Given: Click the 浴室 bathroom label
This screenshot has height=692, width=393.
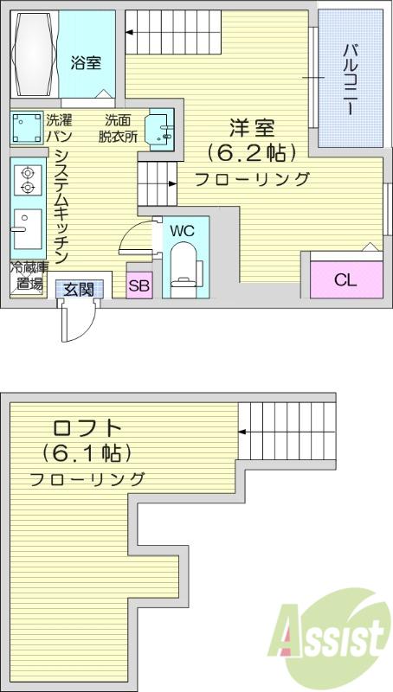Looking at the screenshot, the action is coord(86,62).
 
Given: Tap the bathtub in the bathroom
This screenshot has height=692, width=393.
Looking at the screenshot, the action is coord(34,54).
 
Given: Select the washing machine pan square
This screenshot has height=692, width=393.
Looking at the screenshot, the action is coord(27,128).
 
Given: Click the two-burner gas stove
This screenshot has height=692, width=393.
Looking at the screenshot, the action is coord(28,180).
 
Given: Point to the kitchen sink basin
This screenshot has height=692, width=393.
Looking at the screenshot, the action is coord(28,228).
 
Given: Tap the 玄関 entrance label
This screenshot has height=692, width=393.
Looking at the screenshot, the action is coord(79,290).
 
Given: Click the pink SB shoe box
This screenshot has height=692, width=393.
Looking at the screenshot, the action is coord(140,285).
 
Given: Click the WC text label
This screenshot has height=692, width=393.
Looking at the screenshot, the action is coord(183,230).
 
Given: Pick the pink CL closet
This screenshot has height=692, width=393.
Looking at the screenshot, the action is coord(346,279).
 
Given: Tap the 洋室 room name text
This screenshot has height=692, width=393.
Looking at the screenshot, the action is coord(252,128).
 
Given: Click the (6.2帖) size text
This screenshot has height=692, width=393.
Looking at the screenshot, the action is coord(252,153).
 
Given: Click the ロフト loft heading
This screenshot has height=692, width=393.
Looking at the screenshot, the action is coord(87,427).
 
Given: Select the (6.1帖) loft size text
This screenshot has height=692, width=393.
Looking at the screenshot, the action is coord(87,453).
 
